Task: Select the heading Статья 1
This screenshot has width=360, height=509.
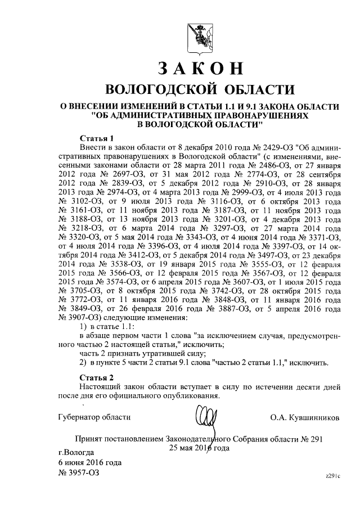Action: pos(97,137)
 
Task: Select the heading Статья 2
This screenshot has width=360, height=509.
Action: pos(97,377)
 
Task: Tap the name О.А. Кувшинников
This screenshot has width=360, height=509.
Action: pos(305,417)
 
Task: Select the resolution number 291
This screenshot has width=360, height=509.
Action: pos(316,438)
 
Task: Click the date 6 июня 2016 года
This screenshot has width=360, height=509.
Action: pos(90,462)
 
